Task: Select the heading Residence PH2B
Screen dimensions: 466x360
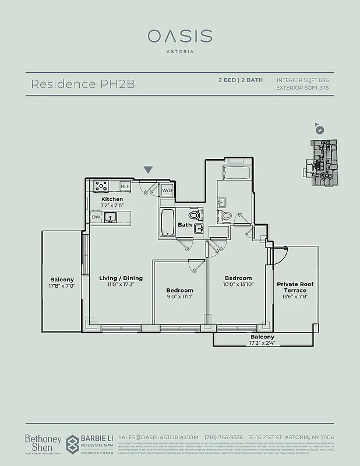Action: point(82,84)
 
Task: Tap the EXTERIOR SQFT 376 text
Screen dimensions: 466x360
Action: point(302,88)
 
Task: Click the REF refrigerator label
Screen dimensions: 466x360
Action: point(125,186)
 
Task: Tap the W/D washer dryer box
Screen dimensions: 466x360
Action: point(167,190)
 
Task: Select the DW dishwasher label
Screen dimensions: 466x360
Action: point(96,217)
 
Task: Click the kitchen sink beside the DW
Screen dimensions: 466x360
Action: point(111,217)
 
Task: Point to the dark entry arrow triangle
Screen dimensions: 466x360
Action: point(149,170)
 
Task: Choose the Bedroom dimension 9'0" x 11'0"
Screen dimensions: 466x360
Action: point(179,296)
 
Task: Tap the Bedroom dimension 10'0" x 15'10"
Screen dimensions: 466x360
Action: point(238,285)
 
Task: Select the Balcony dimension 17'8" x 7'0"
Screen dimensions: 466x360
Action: point(62,286)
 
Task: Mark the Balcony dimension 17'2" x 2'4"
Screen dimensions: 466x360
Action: point(262,343)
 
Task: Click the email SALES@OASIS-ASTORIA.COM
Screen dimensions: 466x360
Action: point(158,437)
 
